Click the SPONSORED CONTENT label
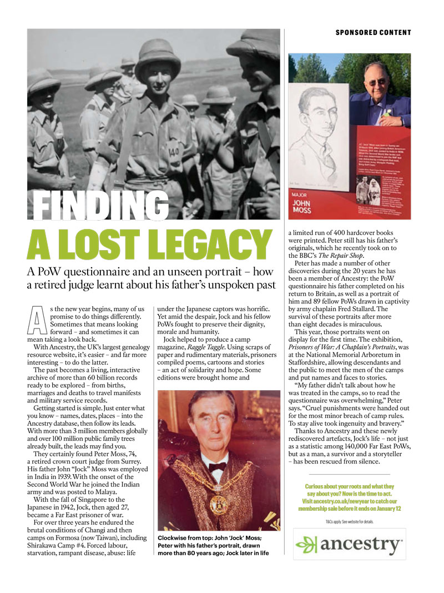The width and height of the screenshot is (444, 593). [x=373, y=32]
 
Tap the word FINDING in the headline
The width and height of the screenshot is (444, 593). [x=93, y=205]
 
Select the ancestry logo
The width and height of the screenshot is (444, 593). [x=349, y=544]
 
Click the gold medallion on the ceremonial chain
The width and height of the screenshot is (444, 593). [x=218, y=503]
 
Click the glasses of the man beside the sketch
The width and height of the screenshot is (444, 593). [x=375, y=81]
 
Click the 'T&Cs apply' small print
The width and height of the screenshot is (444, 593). [x=349, y=522]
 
